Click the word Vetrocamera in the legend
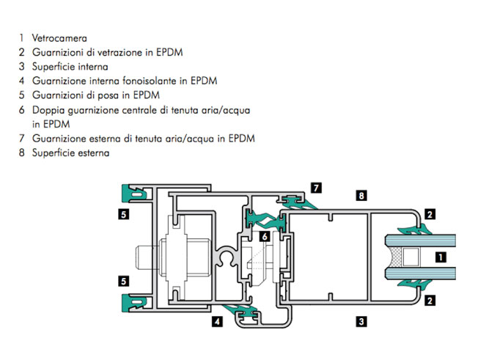click(59, 38)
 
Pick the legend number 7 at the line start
click(21, 139)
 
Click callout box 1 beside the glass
click(441, 257)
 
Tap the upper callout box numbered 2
click(430, 215)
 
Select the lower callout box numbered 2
click(430, 301)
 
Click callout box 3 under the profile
click(361, 321)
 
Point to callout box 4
click(217, 321)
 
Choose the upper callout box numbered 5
click(123, 214)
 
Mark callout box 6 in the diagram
click(265, 236)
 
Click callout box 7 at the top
click(316, 188)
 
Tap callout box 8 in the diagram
click(361, 195)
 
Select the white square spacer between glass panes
click(411, 257)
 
